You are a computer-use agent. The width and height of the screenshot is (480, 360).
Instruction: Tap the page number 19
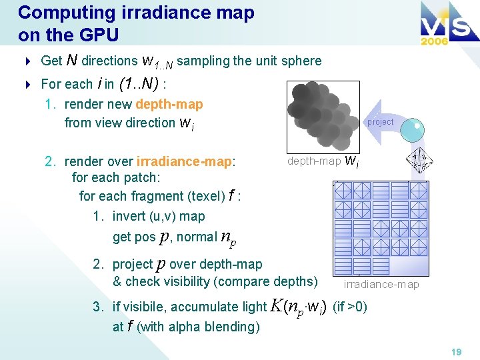[456, 352]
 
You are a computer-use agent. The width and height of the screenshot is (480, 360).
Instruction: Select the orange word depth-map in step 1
[169, 104]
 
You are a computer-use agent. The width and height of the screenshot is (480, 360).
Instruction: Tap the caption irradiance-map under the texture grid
[381, 285]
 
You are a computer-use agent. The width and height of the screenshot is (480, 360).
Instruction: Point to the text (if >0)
[349, 307]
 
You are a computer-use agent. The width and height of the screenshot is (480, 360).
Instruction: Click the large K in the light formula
[277, 306]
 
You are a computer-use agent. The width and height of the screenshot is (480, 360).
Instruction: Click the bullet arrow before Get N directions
[28, 61]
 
